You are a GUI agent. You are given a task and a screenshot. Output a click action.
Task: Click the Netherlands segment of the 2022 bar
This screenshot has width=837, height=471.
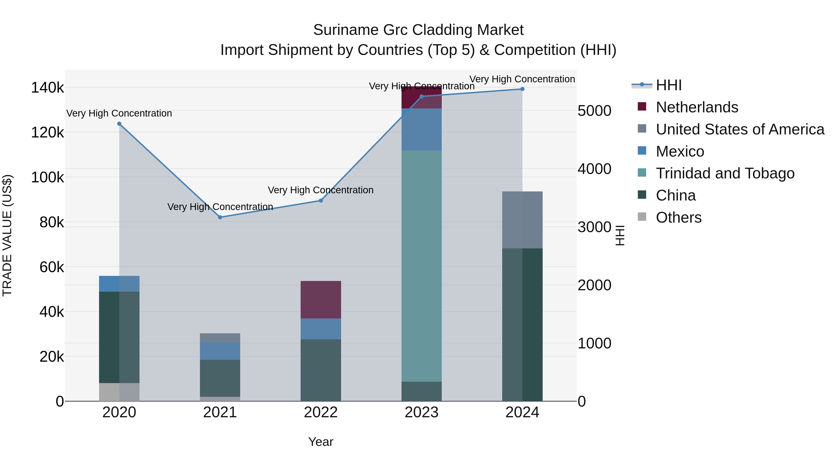click(320, 299)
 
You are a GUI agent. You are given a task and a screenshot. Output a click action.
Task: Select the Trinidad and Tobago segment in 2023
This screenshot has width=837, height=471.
click(422, 266)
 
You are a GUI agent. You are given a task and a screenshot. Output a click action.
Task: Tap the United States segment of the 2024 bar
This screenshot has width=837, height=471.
click(522, 220)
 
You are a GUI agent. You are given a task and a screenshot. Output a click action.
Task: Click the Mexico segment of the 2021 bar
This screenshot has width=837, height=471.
click(220, 351)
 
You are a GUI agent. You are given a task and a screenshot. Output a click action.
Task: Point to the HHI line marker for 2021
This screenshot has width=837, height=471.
click(220, 217)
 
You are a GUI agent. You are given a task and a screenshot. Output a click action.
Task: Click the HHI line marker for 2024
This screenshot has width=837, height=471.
click(522, 89)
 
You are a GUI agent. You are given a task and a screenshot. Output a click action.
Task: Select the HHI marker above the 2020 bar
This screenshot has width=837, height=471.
click(119, 124)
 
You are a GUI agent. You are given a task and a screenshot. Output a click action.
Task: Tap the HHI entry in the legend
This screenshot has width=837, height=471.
click(668, 85)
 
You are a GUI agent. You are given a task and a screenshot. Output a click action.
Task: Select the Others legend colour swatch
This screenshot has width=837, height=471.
click(642, 217)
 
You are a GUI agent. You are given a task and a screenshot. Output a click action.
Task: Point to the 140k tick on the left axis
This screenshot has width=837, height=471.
click(47, 88)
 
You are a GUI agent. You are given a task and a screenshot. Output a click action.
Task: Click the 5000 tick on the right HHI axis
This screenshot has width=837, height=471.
click(594, 111)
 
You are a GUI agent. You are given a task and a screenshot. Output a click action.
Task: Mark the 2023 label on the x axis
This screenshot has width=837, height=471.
click(422, 412)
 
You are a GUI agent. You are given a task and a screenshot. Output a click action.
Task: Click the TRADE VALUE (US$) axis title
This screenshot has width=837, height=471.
click(7, 235)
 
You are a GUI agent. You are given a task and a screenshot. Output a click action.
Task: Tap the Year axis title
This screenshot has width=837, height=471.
click(321, 442)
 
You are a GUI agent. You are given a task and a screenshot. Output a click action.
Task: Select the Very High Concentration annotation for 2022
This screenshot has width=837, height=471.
click(320, 190)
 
